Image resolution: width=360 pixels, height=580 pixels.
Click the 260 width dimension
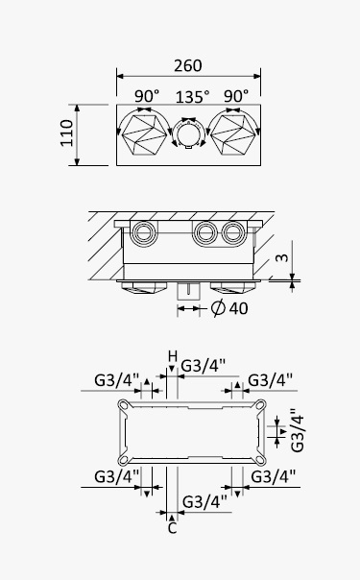188,66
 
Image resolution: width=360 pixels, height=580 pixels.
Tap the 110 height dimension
67,133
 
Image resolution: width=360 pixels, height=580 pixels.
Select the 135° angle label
192,97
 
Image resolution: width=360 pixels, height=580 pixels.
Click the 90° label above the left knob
147,96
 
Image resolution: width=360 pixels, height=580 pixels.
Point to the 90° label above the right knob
236,96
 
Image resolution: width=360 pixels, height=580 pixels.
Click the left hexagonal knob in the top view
144,134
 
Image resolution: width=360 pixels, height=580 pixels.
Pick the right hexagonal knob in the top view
233,134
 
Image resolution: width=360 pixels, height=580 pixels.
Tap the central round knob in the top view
188,133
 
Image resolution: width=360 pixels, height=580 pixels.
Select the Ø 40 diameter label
229,308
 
